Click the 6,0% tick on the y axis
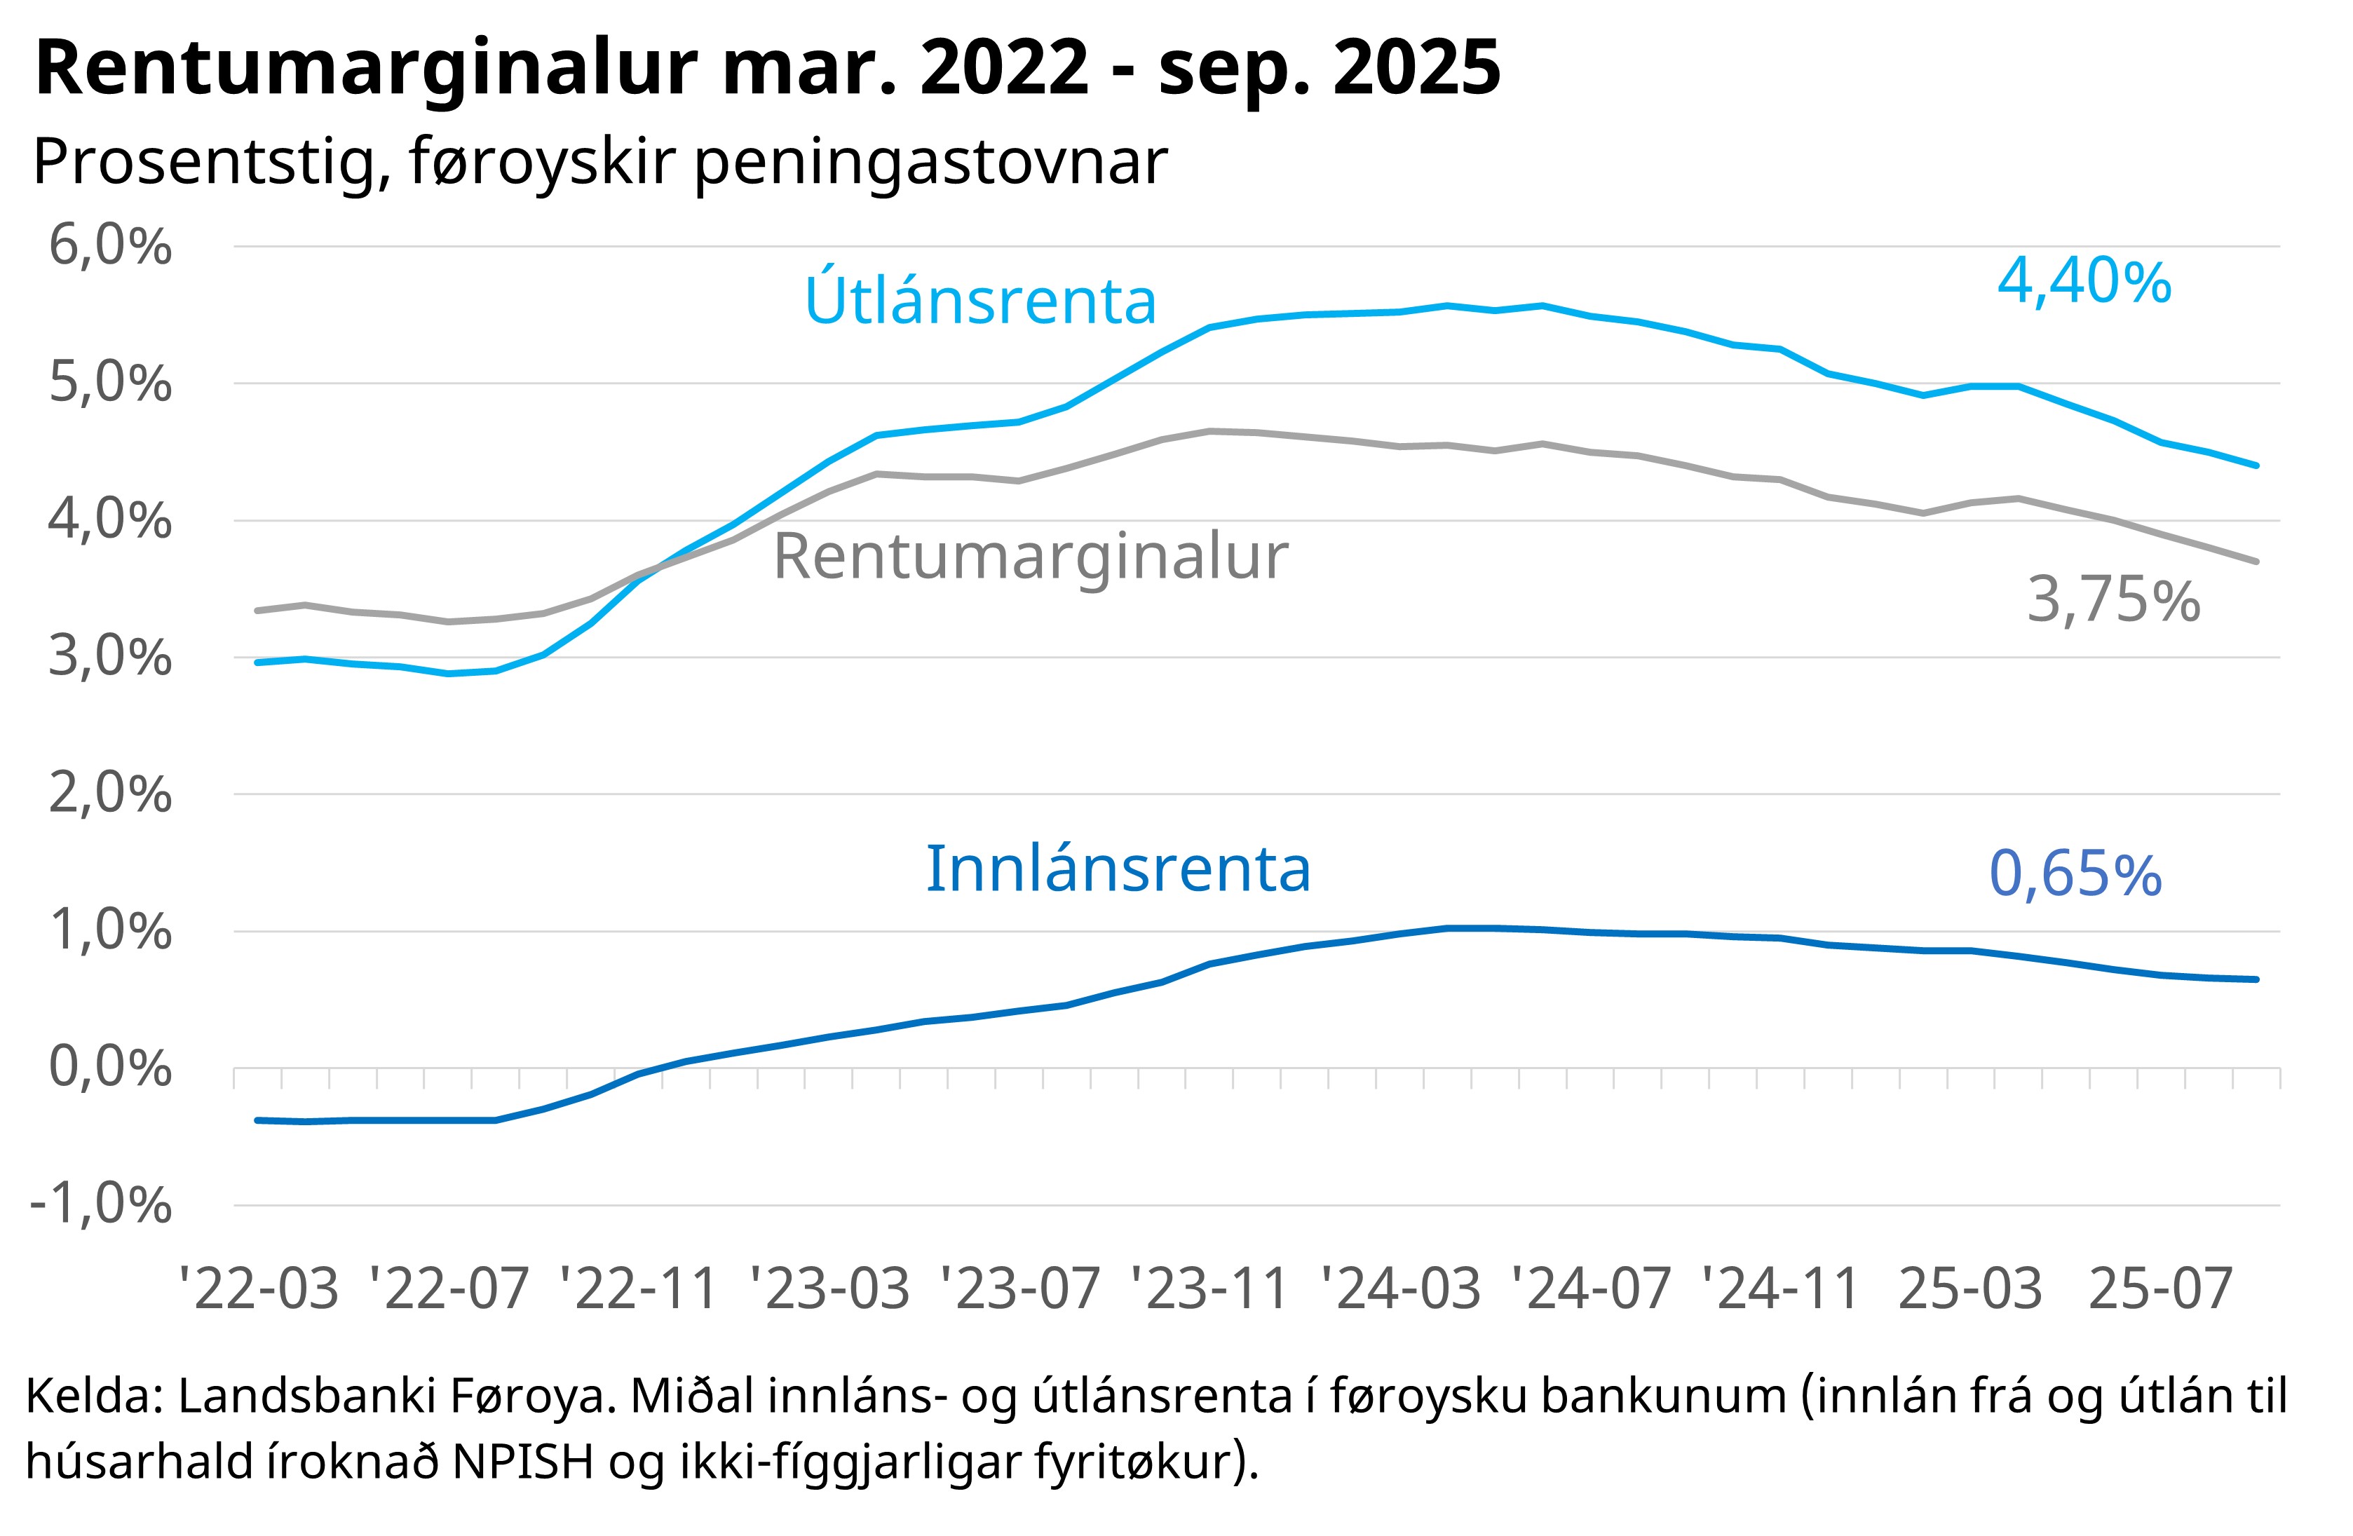pos(110,245)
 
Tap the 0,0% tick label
pos(110,1068)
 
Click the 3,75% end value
pos(2113,600)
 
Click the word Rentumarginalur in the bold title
pos(366,69)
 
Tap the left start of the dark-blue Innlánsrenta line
pos(257,1120)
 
